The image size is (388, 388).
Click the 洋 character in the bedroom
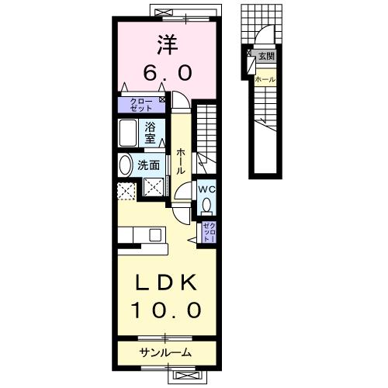click(165, 45)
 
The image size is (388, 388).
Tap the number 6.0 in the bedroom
click(165, 72)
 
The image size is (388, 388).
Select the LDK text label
click(166, 282)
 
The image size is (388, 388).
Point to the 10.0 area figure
click(166, 310)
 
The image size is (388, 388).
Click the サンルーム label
click(165, 353)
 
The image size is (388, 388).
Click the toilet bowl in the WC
click(206, 205)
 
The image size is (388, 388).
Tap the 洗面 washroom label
click(149, 165)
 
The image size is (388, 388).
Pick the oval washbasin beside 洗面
click(125, 165)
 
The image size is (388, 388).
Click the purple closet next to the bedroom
click(140, 104)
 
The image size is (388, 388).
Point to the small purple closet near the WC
click(208, 231)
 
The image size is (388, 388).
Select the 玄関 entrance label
click(266, 56)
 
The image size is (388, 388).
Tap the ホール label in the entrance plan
click(265, 79)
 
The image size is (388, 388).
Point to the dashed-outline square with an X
click(126, 189)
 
